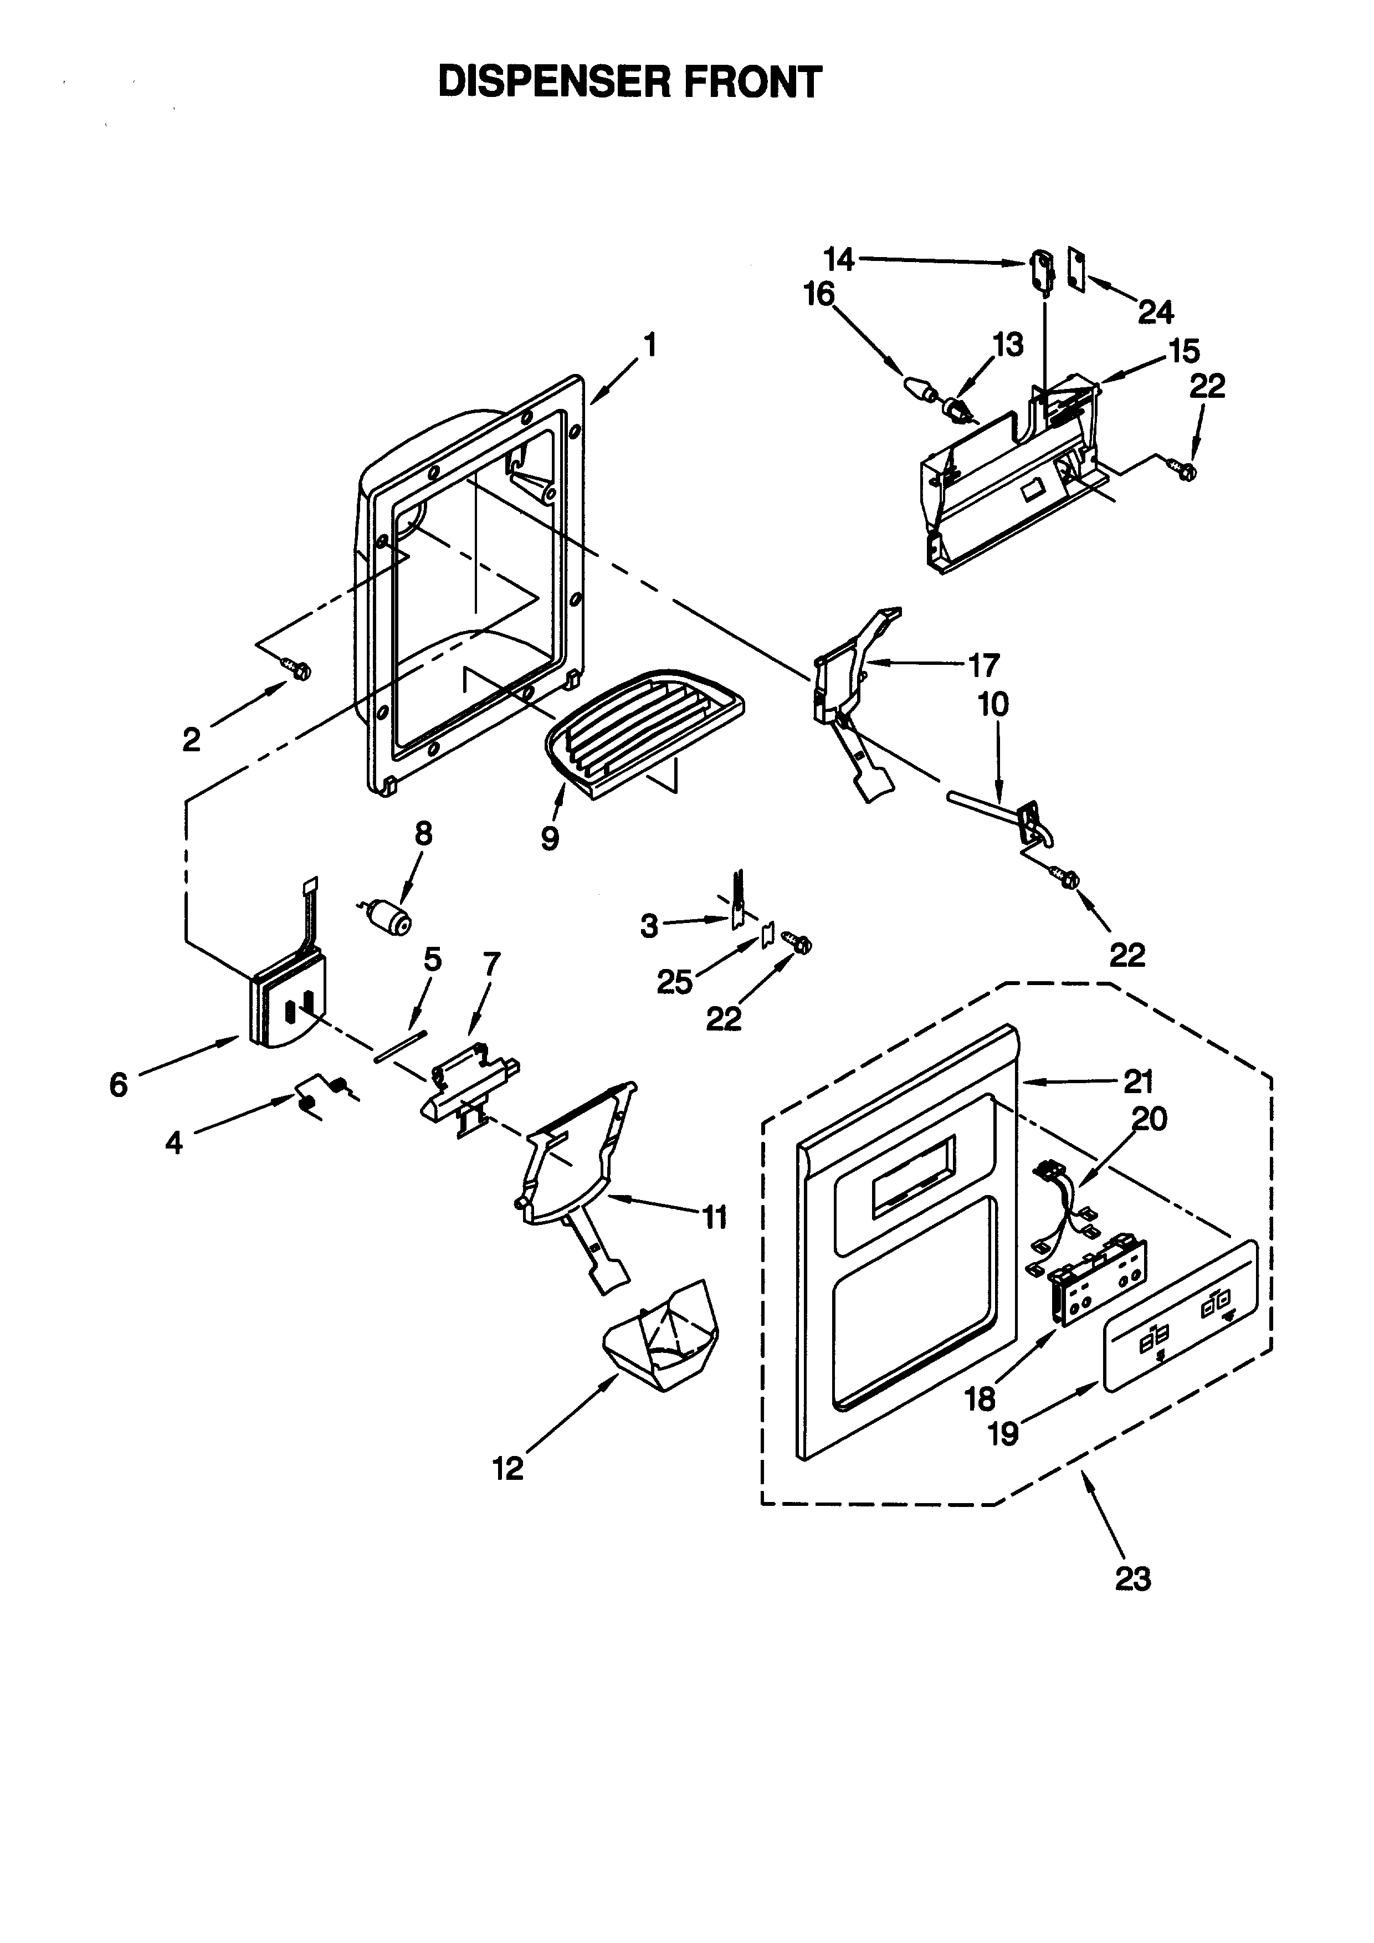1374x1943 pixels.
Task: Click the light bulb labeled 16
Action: point(918,391)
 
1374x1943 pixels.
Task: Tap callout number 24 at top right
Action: point(1156,312)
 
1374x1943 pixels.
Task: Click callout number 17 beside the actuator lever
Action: point(983,665)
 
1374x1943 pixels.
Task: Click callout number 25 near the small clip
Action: point(674,982)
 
